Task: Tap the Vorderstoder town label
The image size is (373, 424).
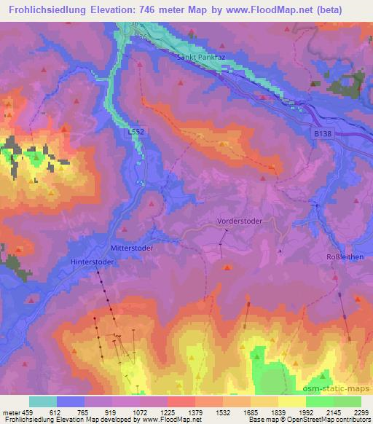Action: coord(238,220)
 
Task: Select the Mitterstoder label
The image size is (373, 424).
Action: coord(131,248)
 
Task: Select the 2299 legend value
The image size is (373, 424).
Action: coord(361,412)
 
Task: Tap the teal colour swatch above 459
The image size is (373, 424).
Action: coord(43,401)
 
